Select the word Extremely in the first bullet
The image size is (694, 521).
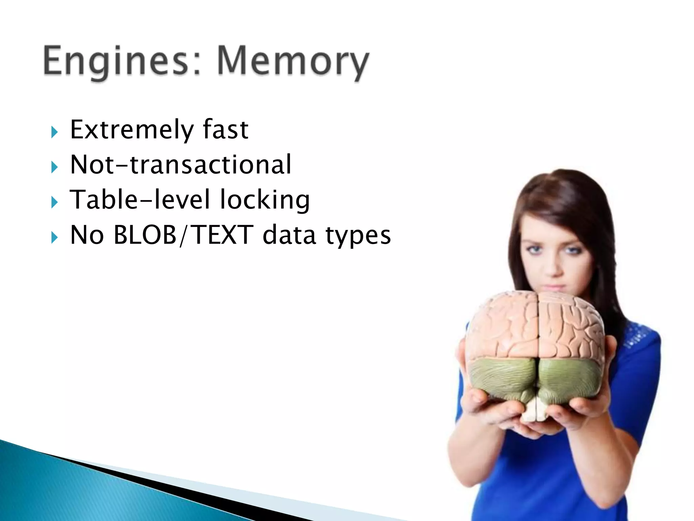(x=132, y=130)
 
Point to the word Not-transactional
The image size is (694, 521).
(x=180, y=165)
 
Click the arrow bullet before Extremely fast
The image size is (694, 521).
(x=55, y=132)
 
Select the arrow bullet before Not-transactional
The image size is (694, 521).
(x=55, y=167)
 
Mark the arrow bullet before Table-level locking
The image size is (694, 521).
(x=55, y=202)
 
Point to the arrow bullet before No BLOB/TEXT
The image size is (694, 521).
(x=55, y=237)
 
